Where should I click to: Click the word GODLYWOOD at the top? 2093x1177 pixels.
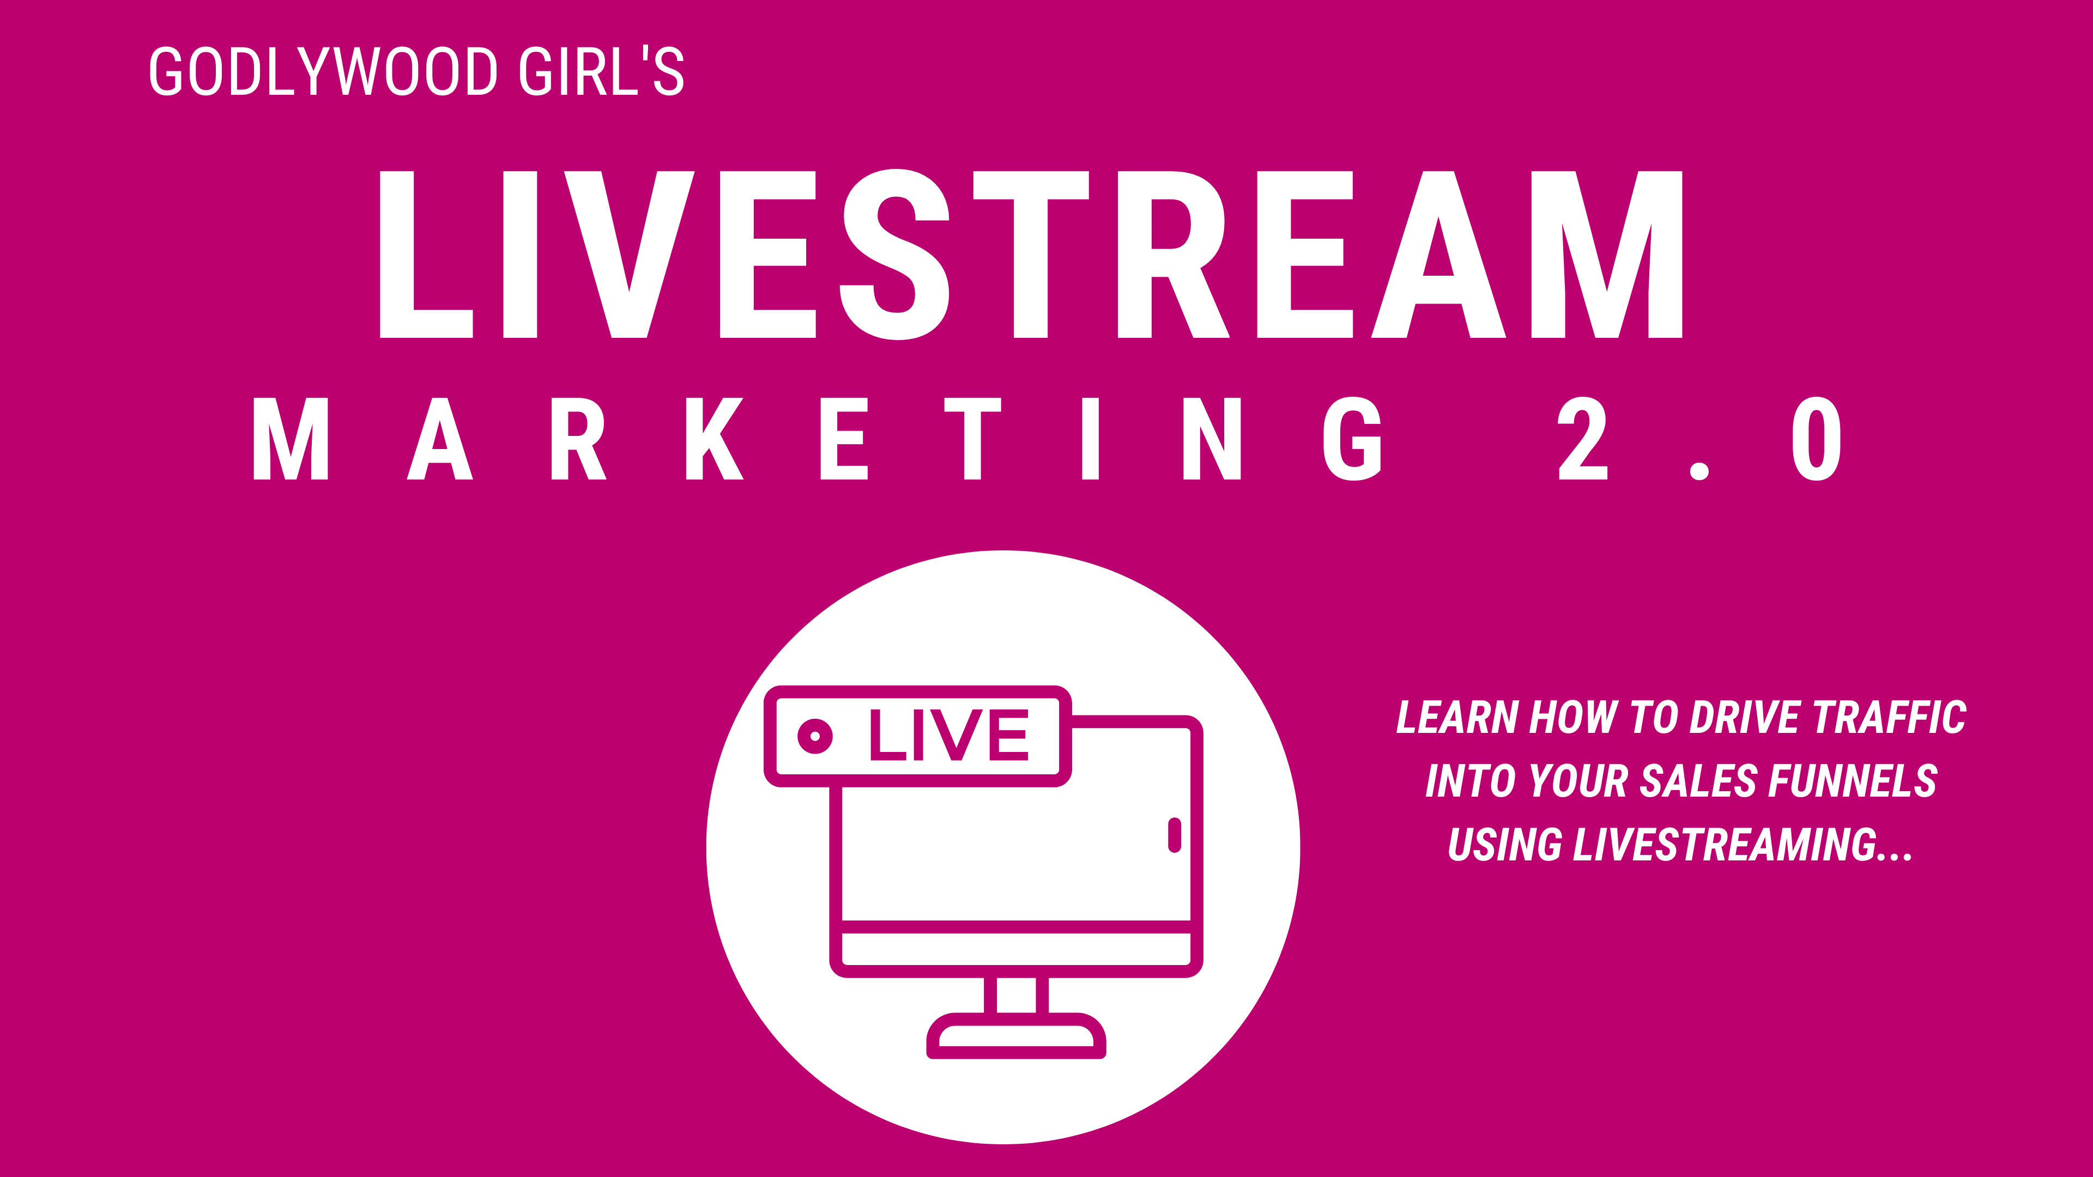click(x=323, y=71)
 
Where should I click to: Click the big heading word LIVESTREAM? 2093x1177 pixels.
click(x=1030, y=254)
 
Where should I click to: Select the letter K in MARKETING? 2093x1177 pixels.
click(x=714, y=439)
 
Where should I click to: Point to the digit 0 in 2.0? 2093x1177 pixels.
click(x=1816, y=439)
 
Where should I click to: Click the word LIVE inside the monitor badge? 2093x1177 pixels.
click(x=949, y=735)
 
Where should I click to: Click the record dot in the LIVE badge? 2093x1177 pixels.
click(x=815, y=736)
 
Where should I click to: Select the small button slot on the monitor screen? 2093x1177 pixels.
click(x=1174, y=835)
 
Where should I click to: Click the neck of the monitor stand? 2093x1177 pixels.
click(x=1015, y=995)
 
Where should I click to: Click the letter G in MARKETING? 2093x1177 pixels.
click(x=1352, y=439)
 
